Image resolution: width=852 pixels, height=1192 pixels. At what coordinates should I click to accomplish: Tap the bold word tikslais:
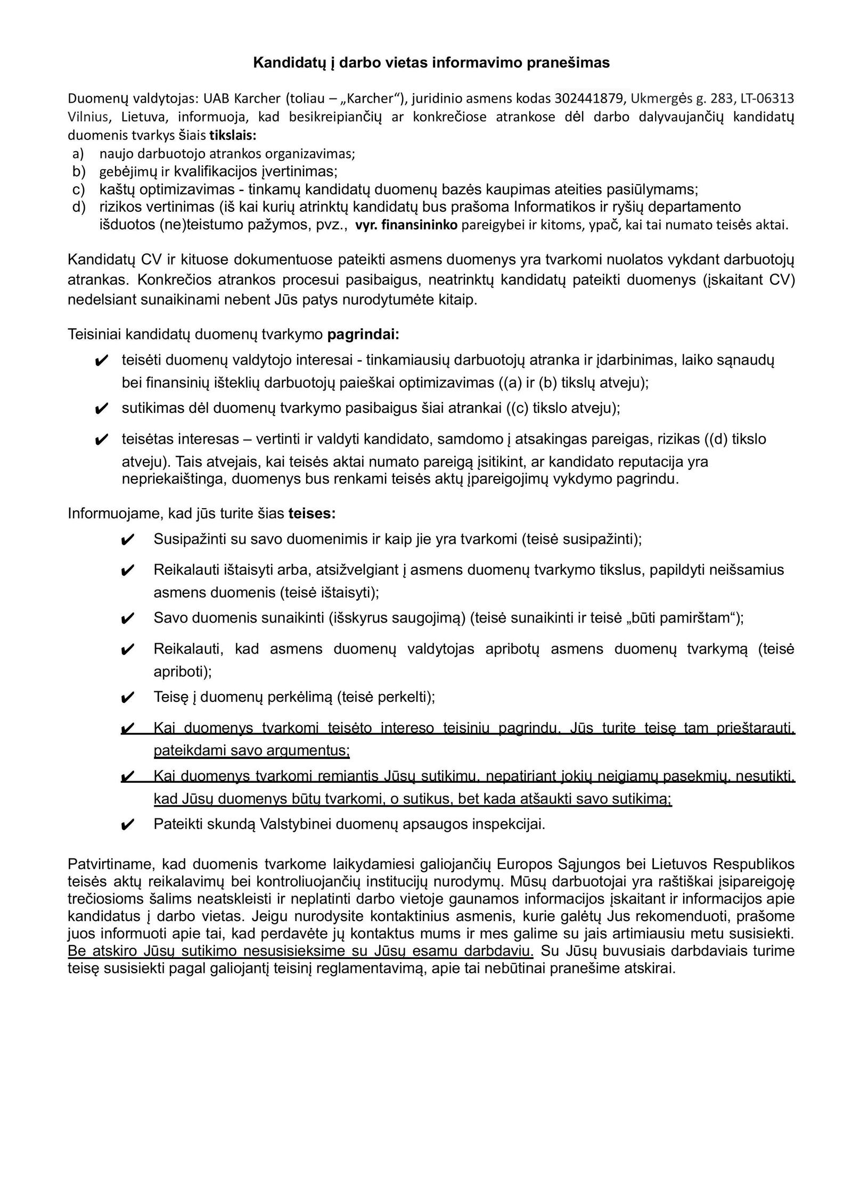(x=233, y=135)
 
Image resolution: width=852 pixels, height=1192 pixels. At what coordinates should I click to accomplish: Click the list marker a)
(x=78, y=154)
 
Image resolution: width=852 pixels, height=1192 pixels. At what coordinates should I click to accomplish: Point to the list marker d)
(x=79, y=206)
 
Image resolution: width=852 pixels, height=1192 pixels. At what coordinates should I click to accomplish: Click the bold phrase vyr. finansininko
(x=406, y=225)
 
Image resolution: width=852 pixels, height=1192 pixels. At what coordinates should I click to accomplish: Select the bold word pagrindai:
(x=363, y=335)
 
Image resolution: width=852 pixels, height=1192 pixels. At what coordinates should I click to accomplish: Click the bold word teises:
(x=312, y=514)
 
